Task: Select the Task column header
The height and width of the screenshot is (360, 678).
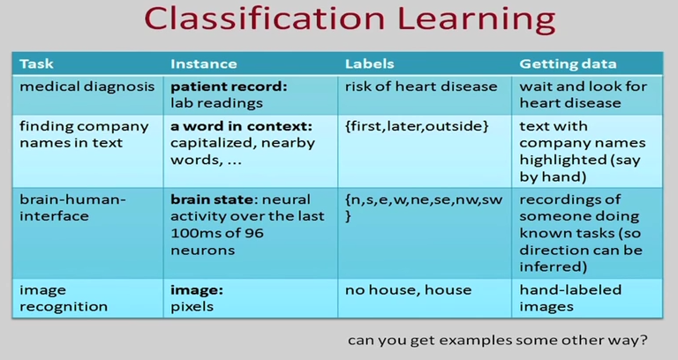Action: (x=36, y=64)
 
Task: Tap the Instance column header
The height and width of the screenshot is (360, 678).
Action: (x=203, y=64)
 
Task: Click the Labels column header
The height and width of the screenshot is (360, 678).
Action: (x=369, y=64)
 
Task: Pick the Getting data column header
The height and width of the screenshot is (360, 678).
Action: (x=568, y=64)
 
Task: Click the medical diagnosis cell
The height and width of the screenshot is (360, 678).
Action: (x=75, y=87)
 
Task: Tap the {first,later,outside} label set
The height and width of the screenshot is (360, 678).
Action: (x=417, y=126)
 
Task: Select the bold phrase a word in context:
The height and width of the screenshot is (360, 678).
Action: (x=240, y=126)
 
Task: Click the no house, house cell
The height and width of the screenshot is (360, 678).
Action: (x=408, y=290)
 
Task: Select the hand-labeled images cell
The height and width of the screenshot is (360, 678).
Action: (x=569, y=298)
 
